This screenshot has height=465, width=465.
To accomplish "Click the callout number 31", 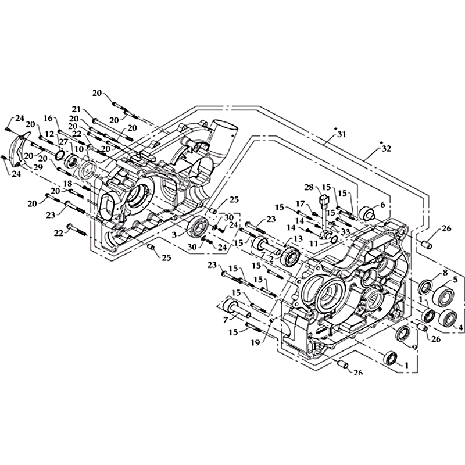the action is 342,134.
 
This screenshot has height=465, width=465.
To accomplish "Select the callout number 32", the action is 386,148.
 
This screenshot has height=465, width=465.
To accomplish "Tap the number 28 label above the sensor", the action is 309,187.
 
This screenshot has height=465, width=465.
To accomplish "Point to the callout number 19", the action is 255,342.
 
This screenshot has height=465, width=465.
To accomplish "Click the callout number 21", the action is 77,109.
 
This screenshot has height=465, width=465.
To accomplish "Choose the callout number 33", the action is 345,231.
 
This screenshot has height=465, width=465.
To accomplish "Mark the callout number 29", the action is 38,167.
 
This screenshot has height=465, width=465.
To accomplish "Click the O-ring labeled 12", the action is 60,154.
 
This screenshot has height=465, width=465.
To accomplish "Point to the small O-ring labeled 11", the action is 333,239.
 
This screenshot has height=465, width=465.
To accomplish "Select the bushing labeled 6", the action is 367,212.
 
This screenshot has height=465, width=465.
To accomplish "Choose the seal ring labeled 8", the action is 425,287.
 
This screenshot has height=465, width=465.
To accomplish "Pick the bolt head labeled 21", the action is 95,120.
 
